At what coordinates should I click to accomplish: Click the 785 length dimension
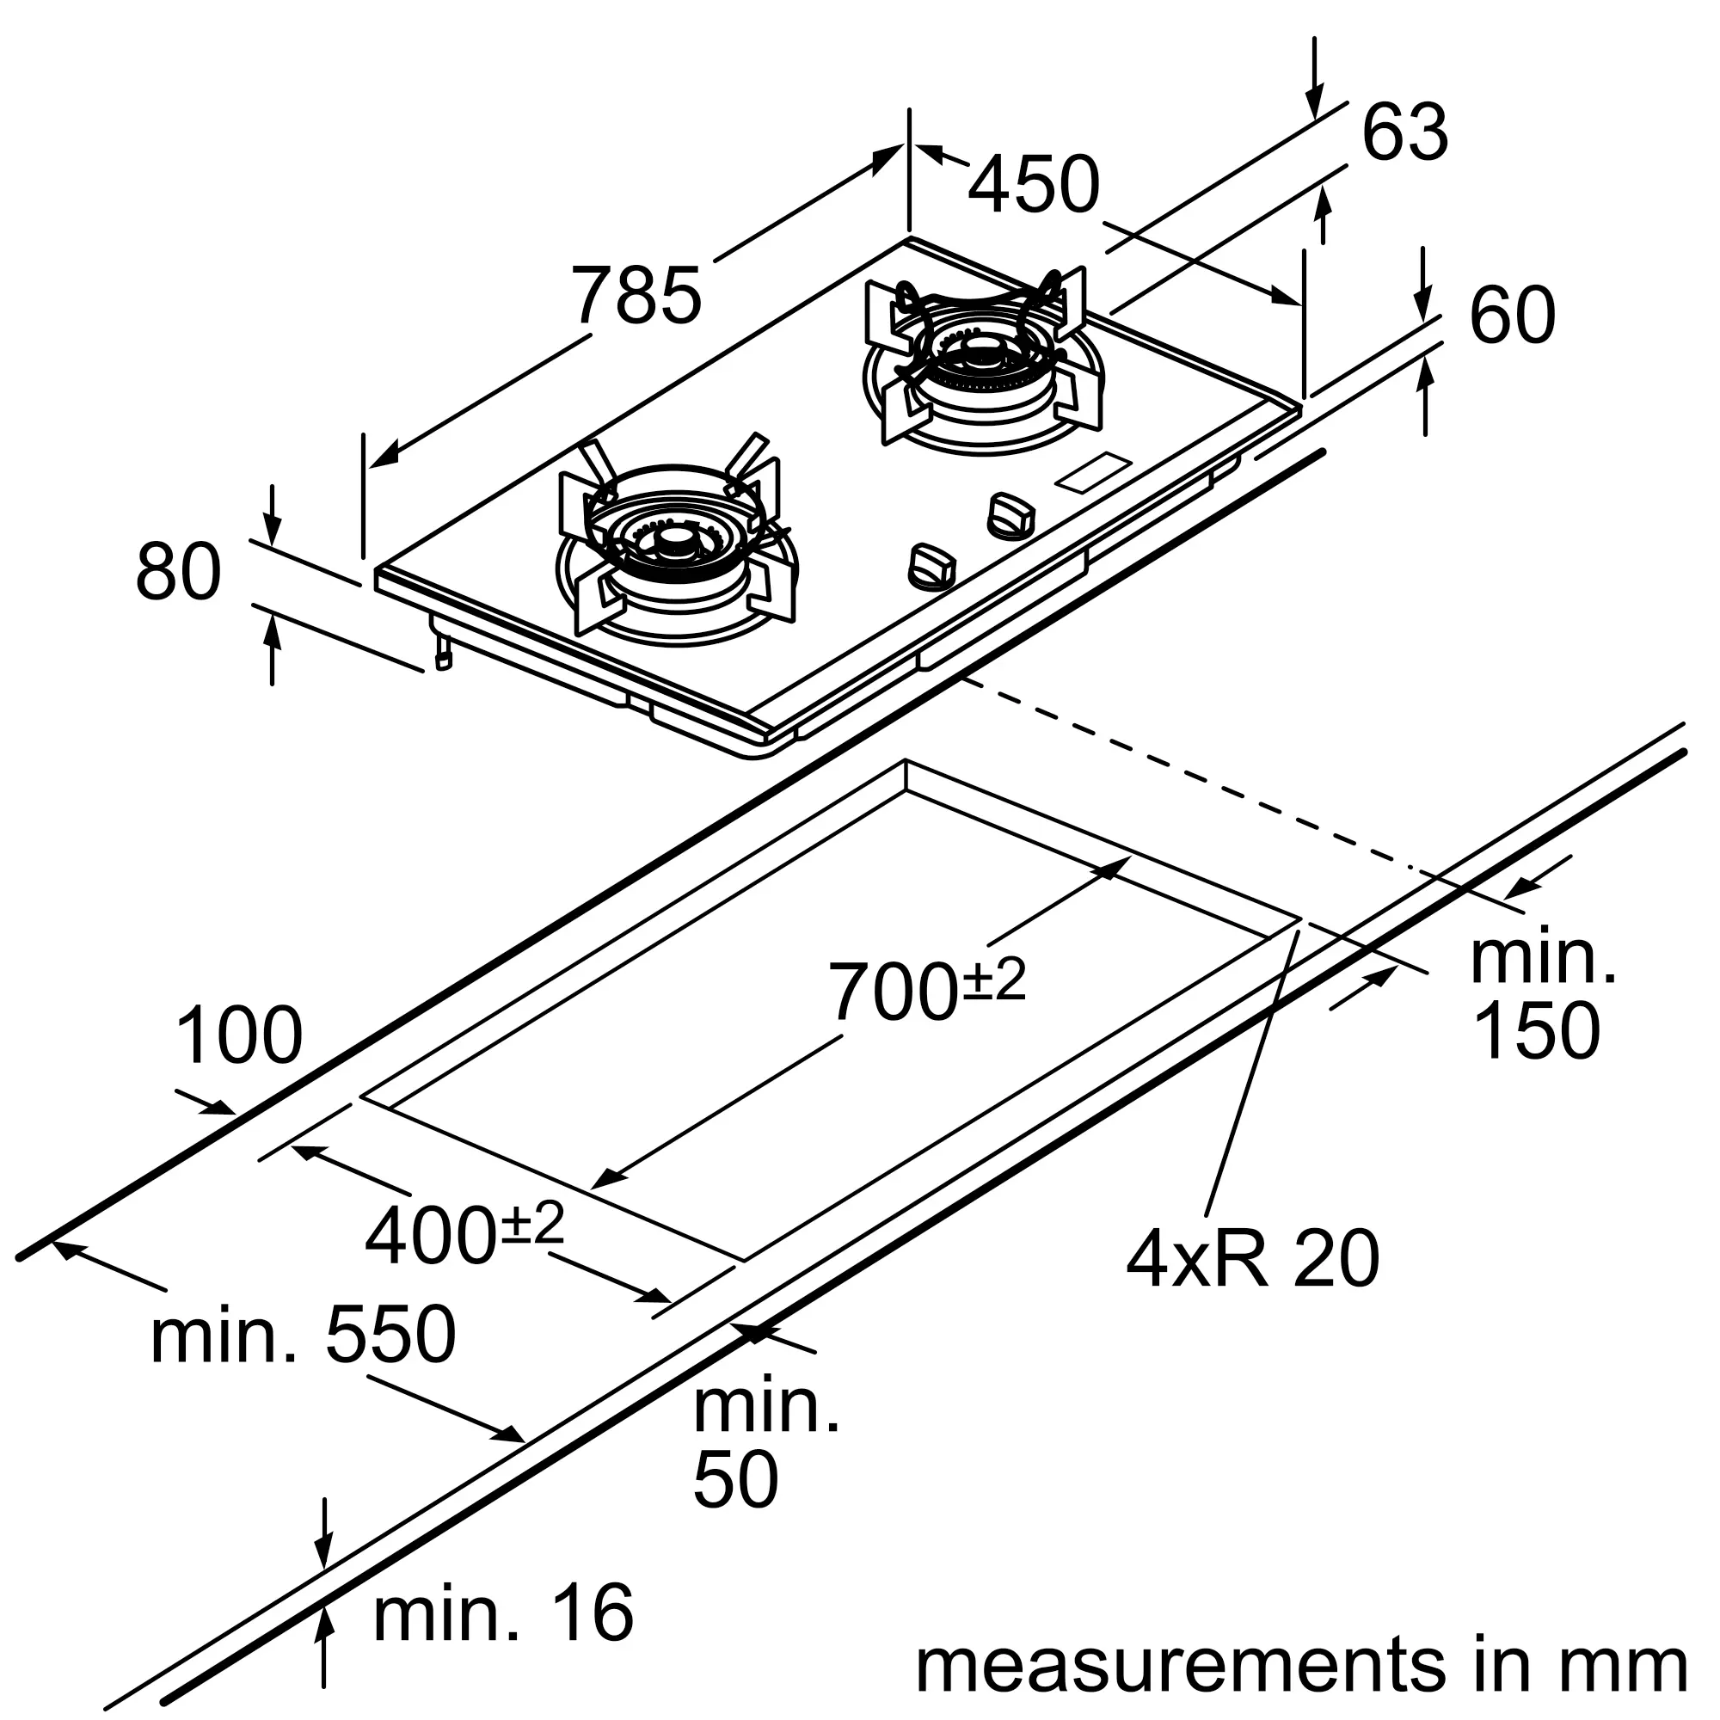pyautogui.click(x=636, y=296)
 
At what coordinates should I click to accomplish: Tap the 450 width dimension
pyautogui.click(x=1034, y=185)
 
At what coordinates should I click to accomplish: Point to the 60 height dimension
pyautogui.click(x=1513, y=315)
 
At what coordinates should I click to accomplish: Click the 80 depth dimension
pyautogui.click(x=178, y=571)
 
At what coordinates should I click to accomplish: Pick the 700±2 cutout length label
pyautogui.click(x=927, y=989)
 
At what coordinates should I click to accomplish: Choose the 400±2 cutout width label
pyautogui.click(x=464, y=1235)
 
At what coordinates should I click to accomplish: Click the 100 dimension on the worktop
pyautogui.click(x=238, y=1036)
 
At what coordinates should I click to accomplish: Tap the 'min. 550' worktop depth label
pyautogui.click(x=304, y=1336)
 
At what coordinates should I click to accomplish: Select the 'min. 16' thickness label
pyautogui.click(x=504, y=1612)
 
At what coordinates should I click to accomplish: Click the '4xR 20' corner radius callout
pyautogui.click(x=1253, y=1259)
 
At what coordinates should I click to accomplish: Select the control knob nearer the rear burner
pyautogui.click(x=1011, y=515)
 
